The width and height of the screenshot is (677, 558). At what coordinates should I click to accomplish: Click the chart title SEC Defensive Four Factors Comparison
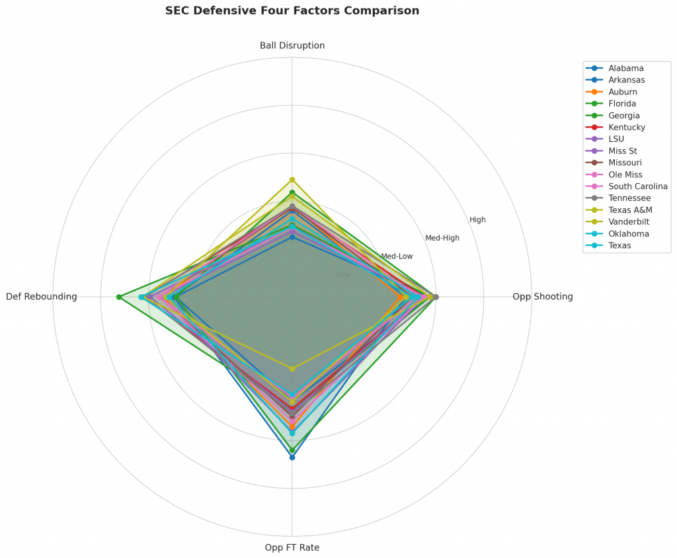(x=292, y=11)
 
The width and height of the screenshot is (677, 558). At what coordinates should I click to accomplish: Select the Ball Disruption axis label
(x=292, y=46)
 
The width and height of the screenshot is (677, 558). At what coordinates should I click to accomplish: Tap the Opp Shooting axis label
(x=542, y=297)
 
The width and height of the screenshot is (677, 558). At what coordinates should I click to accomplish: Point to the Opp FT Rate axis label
(x=292, y=547)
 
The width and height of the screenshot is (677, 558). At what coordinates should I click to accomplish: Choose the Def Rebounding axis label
(x=42, y=297)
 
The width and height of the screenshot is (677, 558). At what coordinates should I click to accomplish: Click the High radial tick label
(x=477, y=220)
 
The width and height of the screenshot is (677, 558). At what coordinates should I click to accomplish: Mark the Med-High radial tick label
(x=442, y=238)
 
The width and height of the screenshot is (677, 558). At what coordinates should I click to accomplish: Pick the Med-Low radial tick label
(x=397, y=257)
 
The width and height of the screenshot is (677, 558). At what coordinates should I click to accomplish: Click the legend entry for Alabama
(x=626, y=68)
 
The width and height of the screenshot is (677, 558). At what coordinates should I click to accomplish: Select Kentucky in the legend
(x=627, y=127)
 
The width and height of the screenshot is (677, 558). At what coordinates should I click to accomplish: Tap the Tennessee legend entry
(x=629, y=198)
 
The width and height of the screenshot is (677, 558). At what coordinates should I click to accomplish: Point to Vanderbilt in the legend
(x=629, y=222)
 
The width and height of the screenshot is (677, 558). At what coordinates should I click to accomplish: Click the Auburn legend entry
(x=623, y=92)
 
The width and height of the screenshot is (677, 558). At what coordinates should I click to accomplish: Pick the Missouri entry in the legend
(x=625, y=163)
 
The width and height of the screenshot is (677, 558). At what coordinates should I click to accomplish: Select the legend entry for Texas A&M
(x=630, y=210)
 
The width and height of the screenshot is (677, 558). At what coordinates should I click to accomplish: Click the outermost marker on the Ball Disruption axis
(x=292, y=180)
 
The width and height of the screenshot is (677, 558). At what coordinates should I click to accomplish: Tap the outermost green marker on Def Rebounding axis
(x=119, y=297)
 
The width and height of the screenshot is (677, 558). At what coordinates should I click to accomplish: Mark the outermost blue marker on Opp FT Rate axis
(x=292, y=457)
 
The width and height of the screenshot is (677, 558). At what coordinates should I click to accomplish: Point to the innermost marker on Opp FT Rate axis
(x=292, y=368)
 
